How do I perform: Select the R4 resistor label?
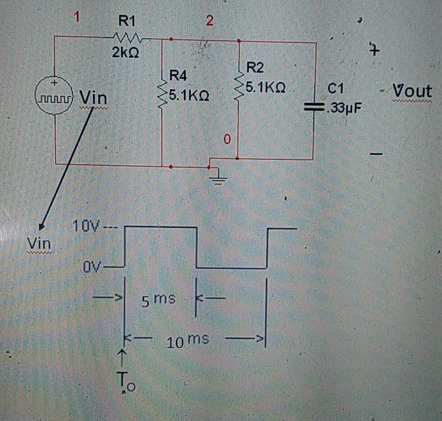[x=178, y=76]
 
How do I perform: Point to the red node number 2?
[x=209, y=21]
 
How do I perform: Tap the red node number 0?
[x=227, y=141]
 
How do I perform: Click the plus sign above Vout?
[x=375, y=51]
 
